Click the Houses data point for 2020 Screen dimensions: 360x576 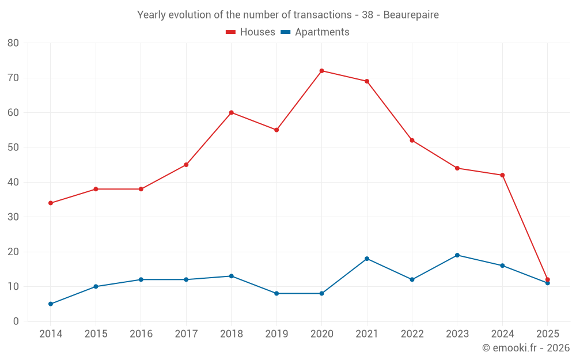pyautogui.click(x=321, y=71)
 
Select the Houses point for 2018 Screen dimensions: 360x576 pyautogui.click(x=231, y=112)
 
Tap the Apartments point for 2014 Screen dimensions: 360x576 pyautogui.click(x=51, y=304)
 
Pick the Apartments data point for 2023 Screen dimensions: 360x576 pyautogui.click(x=457, y=255)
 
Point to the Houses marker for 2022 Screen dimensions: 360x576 pyautogui.click(x=412, y=141)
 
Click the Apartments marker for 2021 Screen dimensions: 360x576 pyautogui.click(x=367, y=259)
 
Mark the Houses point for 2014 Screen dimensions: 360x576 pyautogui.click(x=51, y=203)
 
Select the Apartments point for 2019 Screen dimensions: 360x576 pyautogui.click(x=276, y=293)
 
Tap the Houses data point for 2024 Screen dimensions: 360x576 pyautogui.click(x=502, y=175)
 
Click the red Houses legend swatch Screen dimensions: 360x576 pyautogui.click(x=231, y=32)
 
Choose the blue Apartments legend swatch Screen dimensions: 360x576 pyautogui.click(x=285, y=32)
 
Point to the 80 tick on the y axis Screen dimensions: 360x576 pyautogui.click(x=13, y=43)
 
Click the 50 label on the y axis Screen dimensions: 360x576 pyautogui.click(x=13, y=147)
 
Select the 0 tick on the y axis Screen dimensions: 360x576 pyautogui.click(x=16, y=321)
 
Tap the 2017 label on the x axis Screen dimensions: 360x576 pyautogui.click(x=186, y=334)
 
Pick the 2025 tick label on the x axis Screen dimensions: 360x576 pyautogui.click(x=547, y=334)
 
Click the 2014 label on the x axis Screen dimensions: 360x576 pyautogui.click(x=51, y=334)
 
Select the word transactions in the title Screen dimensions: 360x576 pyautogui.click(x=321, y=15)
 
